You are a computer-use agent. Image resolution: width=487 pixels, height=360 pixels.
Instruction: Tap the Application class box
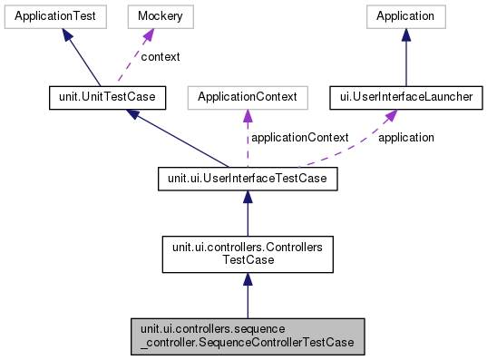coord(405,16)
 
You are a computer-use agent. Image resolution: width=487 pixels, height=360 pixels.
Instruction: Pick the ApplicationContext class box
coord(247,97)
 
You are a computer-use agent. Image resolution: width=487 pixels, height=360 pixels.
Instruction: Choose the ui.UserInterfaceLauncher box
coord(405,97)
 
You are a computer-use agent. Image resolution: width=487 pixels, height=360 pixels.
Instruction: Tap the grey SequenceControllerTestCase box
coord(247,336)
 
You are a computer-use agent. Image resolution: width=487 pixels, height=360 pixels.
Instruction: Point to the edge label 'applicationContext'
coord(300,138)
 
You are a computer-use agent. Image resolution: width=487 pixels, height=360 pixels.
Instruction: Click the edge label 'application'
coord(405,138)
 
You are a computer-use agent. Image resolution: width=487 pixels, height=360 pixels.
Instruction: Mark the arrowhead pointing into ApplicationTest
coord(67,34)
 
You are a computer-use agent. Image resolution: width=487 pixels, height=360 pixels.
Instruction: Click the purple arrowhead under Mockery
coord(146,34)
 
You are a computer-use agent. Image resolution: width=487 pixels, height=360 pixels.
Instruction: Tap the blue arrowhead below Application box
coord(405,34)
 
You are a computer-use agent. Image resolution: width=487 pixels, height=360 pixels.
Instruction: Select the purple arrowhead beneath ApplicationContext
coord(247,115)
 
